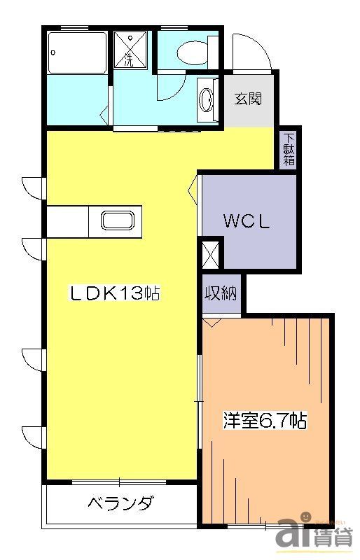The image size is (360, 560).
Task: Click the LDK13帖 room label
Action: click(x=115, y=293)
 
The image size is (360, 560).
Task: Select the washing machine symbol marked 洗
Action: click(x=130, y=50)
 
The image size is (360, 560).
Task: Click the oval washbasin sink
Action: click(x=208, y=100)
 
